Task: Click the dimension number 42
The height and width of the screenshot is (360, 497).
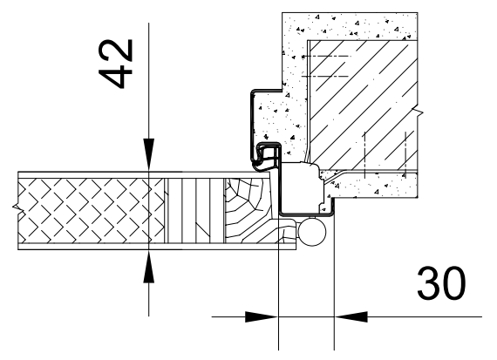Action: click(x=115, y=64)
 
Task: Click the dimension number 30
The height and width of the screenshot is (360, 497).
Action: click(x=441, y=283)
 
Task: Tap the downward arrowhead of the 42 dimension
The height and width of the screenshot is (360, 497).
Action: click(x=148, y=154)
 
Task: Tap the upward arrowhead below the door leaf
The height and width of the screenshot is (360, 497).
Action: click(x=148, y=266)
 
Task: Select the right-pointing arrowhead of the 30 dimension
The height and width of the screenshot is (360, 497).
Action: click(x=262, y=316)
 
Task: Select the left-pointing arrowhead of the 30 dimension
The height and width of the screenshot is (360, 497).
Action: click(x=351, y=316)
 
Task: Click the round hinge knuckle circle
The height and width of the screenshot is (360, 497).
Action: click(x=312, y=232)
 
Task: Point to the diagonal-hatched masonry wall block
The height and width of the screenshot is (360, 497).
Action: click(x=364, y=105)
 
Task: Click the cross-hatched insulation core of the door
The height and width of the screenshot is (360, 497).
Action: click(x=92, y=211)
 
